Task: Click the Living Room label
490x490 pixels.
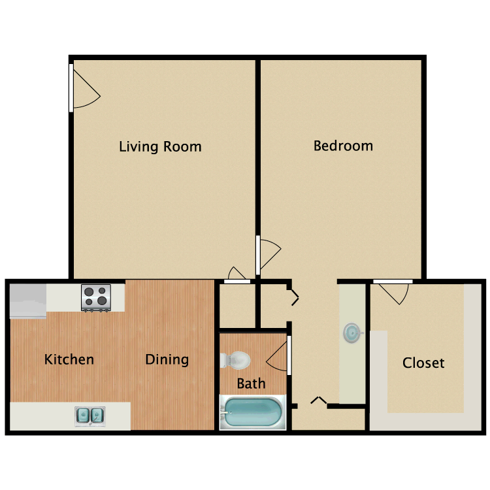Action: [x=160, y=146]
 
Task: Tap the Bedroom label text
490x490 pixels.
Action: [x=343, y=145]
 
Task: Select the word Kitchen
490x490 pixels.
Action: [x=69, y=359]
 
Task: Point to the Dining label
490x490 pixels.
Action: [x=167, y=359]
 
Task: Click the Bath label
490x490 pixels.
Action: [x=251, y=384]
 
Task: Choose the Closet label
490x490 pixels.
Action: [x=423, y=363]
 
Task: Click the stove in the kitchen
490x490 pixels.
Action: [x=95, y=297]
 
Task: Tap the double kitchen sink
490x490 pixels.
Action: [x=90, y=414]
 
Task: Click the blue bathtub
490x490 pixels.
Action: [x=252, y=413]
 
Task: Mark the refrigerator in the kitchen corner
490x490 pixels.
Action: [x=27, y=301]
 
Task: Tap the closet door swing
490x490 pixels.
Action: [x=393, y=293]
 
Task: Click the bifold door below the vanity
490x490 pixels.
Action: [x=319, y=400]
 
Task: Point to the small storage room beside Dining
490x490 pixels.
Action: [x=237, y=304]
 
